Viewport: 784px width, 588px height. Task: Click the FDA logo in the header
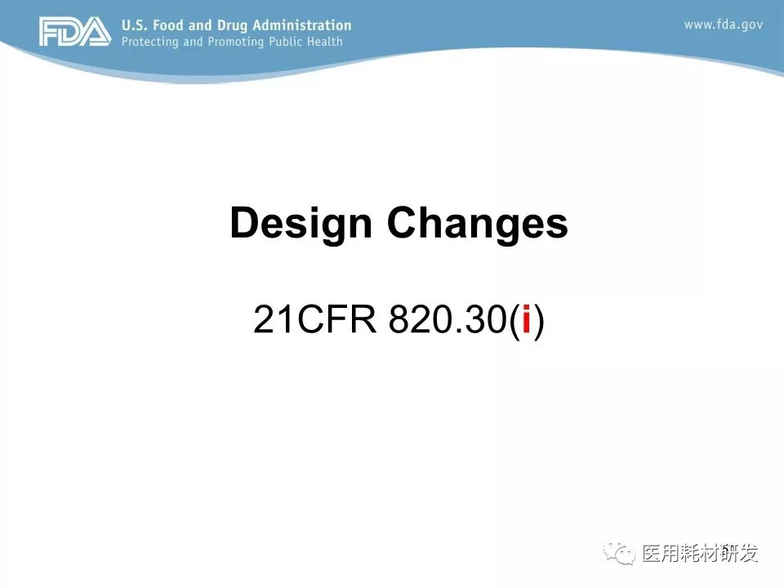[x=75, y=32]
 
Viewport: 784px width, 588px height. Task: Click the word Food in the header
[x=168, y=25]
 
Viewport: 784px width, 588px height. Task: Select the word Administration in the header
[x=302, y=25]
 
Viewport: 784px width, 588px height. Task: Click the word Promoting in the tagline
[x=235, y=42]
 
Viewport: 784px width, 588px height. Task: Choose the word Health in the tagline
[x=325, y=41]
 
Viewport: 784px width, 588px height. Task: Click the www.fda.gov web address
[x=724, y=25]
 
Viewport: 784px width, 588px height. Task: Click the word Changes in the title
[x=478, y=223]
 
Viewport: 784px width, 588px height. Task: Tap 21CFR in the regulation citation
[x=314, y=319]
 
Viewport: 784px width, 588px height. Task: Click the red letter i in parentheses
[x=526, y=318]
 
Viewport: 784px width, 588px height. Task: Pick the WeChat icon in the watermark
[x=619, y=553]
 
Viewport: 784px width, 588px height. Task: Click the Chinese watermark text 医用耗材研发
[x=700, y=553]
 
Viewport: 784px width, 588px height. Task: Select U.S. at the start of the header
[x=135, y=25]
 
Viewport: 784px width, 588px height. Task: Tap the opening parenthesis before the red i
[x=514, y=321]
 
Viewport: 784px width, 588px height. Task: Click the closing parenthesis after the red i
[x=538, y=321]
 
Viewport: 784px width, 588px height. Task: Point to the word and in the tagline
[x=193, y=41]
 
